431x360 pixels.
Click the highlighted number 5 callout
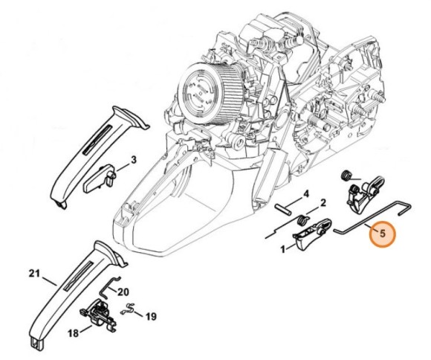pyautogui.click(x=382, y=234)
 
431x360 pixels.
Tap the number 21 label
pyautogui.click(x=35, y=274)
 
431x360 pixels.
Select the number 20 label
pyautogui.click(x=123, y=292)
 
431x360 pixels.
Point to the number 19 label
pyautogui.click(x=151, y=317)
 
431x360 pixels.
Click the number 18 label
pyautogui.click(x=73, y=333)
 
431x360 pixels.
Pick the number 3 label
pyautogui.click(x=133, y=160)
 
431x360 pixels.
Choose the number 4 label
pyautogui.click(x=306, y=194)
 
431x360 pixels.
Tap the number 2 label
pyautogui.click(x=323, y=203)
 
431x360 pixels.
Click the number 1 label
pyautogui.click(x=283, y=249)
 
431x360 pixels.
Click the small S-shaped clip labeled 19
pyautogui.click(x=128, y=309)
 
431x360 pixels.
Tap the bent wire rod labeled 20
pyautogui.click(x=108, y=286)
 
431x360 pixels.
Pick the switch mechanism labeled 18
pyautogui.click(x=98, y=316)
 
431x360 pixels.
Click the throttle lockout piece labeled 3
pyautogui.click(x=99, y=179)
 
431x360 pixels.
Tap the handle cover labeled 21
pyautogui.click(x=74, y=292)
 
